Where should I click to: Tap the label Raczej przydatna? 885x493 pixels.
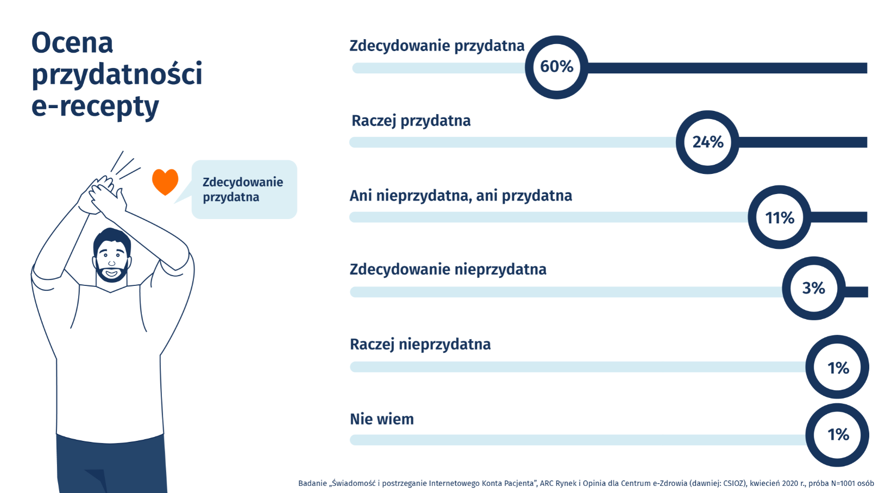click(x=411, y=121)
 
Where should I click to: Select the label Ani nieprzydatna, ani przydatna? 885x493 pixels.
click(x=461, y=196)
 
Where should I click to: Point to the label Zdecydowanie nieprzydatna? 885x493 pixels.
click(x=448, y=270)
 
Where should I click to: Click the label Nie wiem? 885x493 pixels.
click(x=382, y=419)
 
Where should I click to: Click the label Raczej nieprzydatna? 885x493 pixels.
click(x=420, y=345)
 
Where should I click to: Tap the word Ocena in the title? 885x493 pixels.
click(x=72, y=43)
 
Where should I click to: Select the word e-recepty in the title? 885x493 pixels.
click(x=95, y=107)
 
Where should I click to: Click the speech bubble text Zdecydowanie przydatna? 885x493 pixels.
click(x=243, y=190)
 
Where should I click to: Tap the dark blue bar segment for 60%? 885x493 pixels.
click(x=727, y=68)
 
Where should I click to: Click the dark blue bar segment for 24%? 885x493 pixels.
click(x=802, y=142)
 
